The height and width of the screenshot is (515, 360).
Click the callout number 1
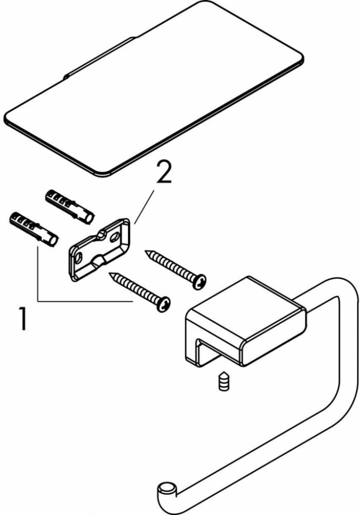tap(23, 318)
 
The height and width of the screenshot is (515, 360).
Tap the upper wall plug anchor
tap(70, 207)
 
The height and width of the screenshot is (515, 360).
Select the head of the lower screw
tap(164, 304)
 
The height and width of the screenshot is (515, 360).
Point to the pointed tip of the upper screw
tap(146, 252)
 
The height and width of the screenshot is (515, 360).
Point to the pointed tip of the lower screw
tap(110, 273)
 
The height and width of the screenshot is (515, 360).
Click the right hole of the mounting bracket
tap(115, 236)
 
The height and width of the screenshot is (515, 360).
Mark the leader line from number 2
tap(144, 207)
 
